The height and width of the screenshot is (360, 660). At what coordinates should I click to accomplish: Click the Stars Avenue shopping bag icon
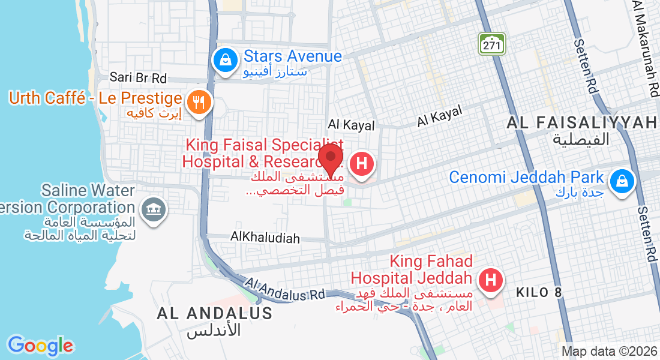pyautogui.click(x=224, y=60)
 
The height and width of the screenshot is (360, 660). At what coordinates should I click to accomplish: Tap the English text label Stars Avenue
pyautogui.click(x=292, y=56)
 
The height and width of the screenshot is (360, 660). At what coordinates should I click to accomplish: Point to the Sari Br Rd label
pyautogui.click(x=138, y=78)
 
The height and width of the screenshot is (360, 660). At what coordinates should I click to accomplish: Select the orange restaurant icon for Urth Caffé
pyautogui.click(x=197, y=101)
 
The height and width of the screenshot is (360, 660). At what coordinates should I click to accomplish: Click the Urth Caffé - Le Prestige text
pyautogui.click(x=95, y=98)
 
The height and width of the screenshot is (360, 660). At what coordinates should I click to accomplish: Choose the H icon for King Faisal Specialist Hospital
pyautogui.click(x=362, y=164)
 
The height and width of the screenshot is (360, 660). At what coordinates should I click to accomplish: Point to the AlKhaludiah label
pyautogui.click(x=265, y=238)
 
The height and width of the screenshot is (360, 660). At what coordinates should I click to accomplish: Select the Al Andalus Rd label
pyautogui.click(x=285, y=289)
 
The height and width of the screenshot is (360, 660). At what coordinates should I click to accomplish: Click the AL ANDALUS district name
pyautogui.click(x=215, y=313)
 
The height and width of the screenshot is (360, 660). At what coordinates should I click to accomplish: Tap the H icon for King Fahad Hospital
pyautogui.click(x=490, y=280)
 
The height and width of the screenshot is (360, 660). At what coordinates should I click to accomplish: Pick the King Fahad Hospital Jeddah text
pyautogui.click(x=412, y=270)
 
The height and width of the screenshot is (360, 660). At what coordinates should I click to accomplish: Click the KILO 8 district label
pyautogui.click(x=539, y=293)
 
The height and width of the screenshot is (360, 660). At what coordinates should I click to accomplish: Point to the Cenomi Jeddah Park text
pyautogui.click(x=526, y=178)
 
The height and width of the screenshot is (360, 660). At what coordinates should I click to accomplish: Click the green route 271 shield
pyautogui.click(x=492, y=43)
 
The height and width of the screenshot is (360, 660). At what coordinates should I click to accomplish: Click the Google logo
pyautogui.click(x=40, y=346)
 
